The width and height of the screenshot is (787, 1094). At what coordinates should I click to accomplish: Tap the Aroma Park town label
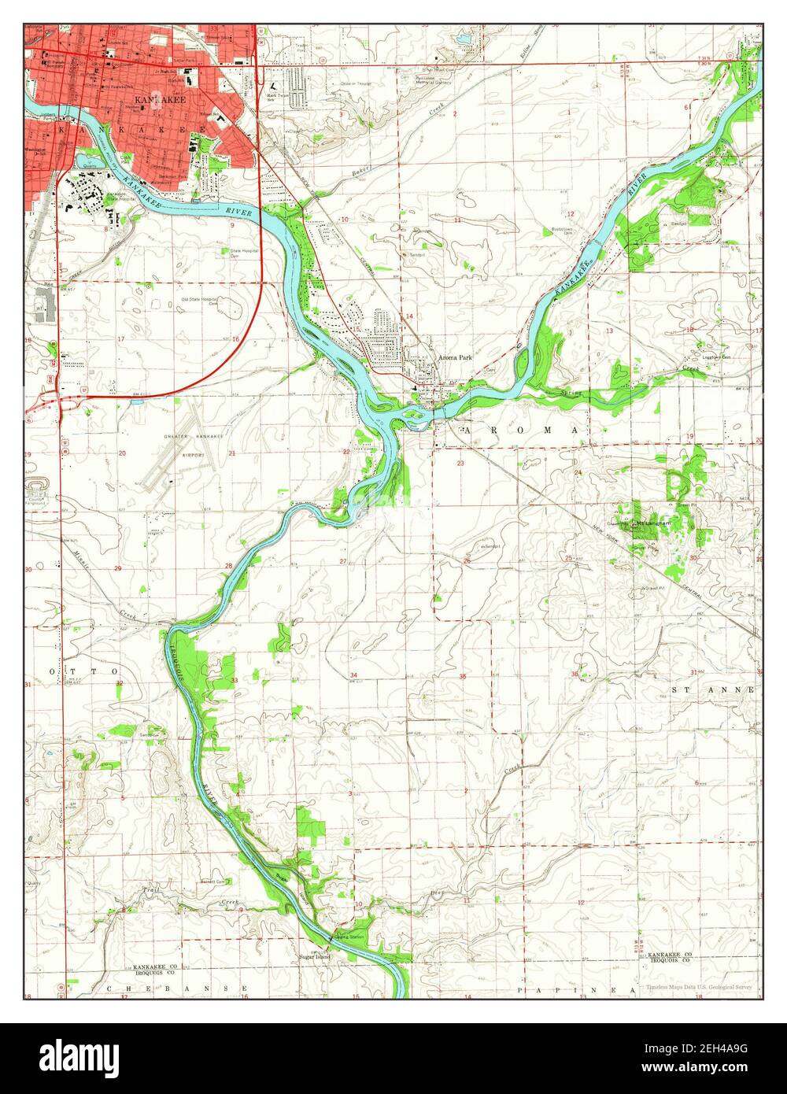(x=455, y=357)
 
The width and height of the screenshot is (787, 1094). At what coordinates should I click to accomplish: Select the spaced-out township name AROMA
(x=523, y=431)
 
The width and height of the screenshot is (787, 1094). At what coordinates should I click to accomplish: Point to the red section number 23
(x=460, y=464)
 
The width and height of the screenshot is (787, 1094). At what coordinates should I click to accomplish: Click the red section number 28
(x=228, y=566)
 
